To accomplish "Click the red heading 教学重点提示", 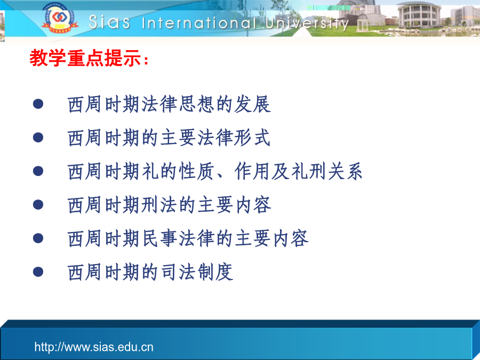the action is (x=85, y=58).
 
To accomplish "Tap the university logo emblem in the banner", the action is (x=58, y=18).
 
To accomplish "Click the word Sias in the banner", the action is (x=109, y=22).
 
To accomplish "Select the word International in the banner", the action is (x=199, y=23).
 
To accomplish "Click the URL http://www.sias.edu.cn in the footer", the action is (x=94, y=347).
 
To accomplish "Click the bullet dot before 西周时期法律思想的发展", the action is (x=38, y=104).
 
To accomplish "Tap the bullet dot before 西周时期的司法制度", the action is (x=38, y=271).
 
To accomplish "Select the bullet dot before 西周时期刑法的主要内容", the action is (x=38, y=204).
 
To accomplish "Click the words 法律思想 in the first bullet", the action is (x=178, y=104).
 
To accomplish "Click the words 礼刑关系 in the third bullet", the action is (x=326, y=171).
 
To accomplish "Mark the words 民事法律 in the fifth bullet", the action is (x=178, y=238).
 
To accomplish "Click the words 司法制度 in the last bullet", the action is (x=196, y=272).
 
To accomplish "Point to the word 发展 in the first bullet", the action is (x=253, y=104).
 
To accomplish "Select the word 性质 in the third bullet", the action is (x=196, y=171).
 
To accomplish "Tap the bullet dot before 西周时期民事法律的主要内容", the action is (x=38, y=238).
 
